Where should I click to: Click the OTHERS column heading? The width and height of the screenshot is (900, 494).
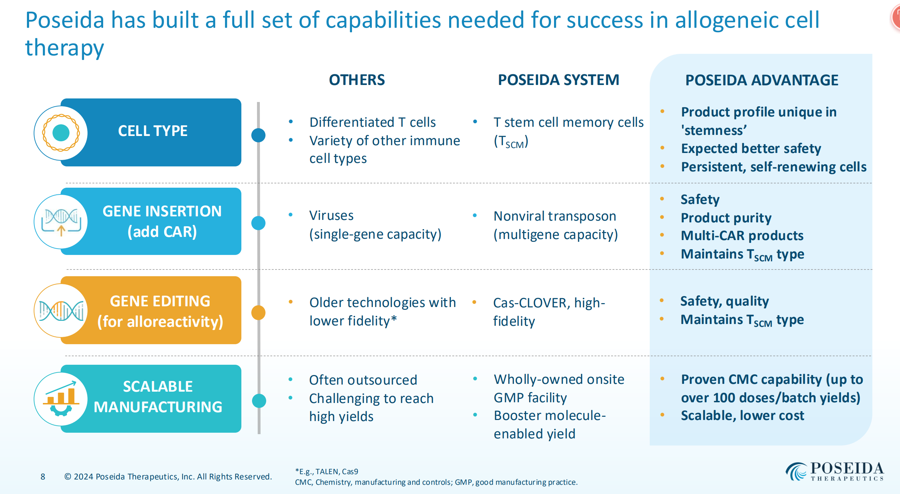(357, 80)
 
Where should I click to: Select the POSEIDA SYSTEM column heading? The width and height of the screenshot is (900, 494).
(558, 80)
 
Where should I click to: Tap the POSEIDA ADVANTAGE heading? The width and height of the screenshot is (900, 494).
(761, 80)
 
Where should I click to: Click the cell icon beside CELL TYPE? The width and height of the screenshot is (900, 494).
(61, 133)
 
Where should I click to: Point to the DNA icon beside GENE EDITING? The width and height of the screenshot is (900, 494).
(61, 311)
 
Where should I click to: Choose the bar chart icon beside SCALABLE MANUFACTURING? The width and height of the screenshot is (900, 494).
(61, 399)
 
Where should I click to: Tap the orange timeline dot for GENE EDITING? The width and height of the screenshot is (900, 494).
(258, 312)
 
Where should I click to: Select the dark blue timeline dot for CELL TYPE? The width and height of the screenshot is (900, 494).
(258, 135)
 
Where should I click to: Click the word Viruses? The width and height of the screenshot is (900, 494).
(331, 216)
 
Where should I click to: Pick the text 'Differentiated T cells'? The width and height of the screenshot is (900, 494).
(372, 123)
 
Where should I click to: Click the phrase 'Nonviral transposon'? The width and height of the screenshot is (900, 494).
(555, 216)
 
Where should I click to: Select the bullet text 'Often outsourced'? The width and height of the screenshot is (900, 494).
(363, 380)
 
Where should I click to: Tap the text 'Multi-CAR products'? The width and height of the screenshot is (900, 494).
(742, 236)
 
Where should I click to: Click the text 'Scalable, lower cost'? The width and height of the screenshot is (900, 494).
(742, 416)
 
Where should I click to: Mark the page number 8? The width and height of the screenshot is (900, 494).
(43, 477)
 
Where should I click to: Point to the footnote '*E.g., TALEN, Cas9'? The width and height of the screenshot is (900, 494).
(326, 472)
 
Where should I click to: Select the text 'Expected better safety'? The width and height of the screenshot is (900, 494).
(751, 149)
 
